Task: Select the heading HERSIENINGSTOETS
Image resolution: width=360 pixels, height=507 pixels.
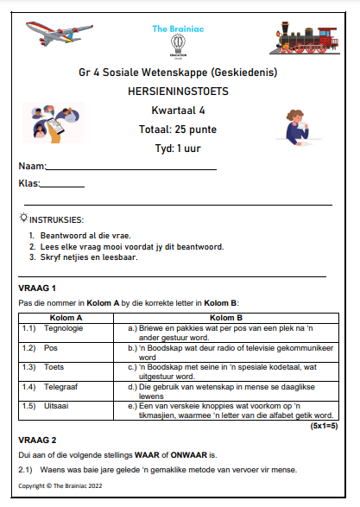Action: click(x=180, y=91)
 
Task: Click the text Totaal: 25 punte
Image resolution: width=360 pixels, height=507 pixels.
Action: click(x=180, y=129)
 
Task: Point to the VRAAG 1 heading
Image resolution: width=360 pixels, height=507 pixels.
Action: click(x=37, y=287)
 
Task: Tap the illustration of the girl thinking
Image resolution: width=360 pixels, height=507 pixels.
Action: click(x=302, y=123)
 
